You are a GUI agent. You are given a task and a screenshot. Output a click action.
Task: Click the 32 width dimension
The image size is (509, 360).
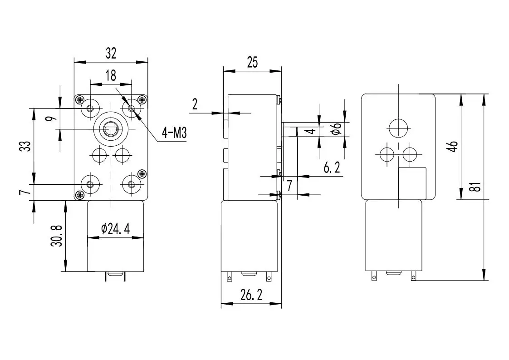111,54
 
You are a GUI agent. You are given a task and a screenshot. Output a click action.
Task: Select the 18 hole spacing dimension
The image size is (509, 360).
111,75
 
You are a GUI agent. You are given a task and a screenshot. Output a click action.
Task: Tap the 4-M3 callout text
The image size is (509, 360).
175,133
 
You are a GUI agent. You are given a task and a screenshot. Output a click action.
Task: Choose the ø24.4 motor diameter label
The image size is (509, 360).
115,229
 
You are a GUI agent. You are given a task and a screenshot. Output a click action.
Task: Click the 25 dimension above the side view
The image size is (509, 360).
252,62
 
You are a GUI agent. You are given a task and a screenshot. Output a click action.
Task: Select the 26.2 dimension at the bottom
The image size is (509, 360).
251,296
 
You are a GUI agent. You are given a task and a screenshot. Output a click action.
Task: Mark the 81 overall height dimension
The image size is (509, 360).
475,187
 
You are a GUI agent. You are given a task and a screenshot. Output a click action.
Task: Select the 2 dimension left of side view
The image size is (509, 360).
195,104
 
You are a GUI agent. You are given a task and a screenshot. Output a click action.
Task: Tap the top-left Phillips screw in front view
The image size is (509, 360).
80,99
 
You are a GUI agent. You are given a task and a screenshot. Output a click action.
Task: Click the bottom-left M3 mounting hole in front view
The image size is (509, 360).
90,184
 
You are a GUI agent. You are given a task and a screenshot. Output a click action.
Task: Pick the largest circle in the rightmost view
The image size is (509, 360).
398,128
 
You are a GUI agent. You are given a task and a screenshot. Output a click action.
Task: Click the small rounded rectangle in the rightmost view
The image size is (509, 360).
412,182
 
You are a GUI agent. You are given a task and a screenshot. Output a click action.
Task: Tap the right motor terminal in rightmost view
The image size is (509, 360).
413,276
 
